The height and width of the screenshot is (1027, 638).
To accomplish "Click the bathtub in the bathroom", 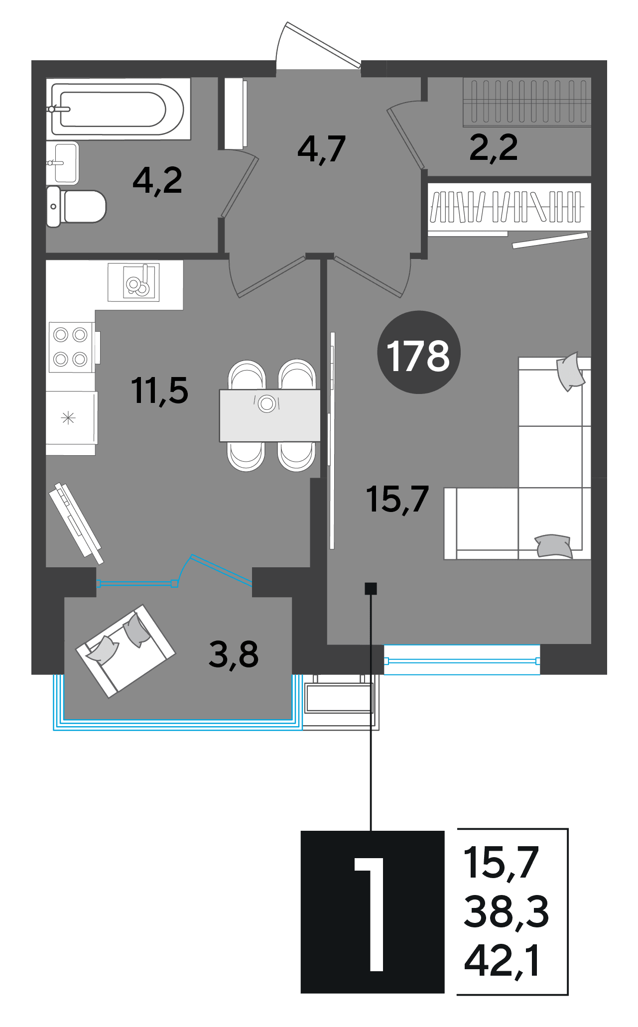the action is coord(118,109).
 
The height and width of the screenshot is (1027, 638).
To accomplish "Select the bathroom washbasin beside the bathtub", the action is coord(63,163).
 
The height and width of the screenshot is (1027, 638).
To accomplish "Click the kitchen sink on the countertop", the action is coord(133,282).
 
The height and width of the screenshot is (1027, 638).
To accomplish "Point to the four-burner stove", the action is coord(71,347).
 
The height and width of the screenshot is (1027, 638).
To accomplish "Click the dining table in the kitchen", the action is coord(270,415).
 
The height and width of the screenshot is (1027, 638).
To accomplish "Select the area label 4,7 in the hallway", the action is coord(321,149).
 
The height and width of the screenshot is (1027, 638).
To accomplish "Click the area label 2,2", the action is coord(494,147).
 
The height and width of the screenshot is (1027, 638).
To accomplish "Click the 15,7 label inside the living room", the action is coord(397,499).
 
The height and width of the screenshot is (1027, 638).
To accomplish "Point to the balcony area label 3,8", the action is coord(234,654).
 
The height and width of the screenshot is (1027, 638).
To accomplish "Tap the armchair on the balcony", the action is coord(126,651).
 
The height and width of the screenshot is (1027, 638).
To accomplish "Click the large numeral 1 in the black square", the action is coord(370,914).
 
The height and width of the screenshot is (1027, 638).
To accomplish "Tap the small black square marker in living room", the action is coord(371,589).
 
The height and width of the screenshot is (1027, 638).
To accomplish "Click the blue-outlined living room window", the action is coord(462,660).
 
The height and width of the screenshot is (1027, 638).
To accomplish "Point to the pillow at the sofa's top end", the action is coord(570,371).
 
